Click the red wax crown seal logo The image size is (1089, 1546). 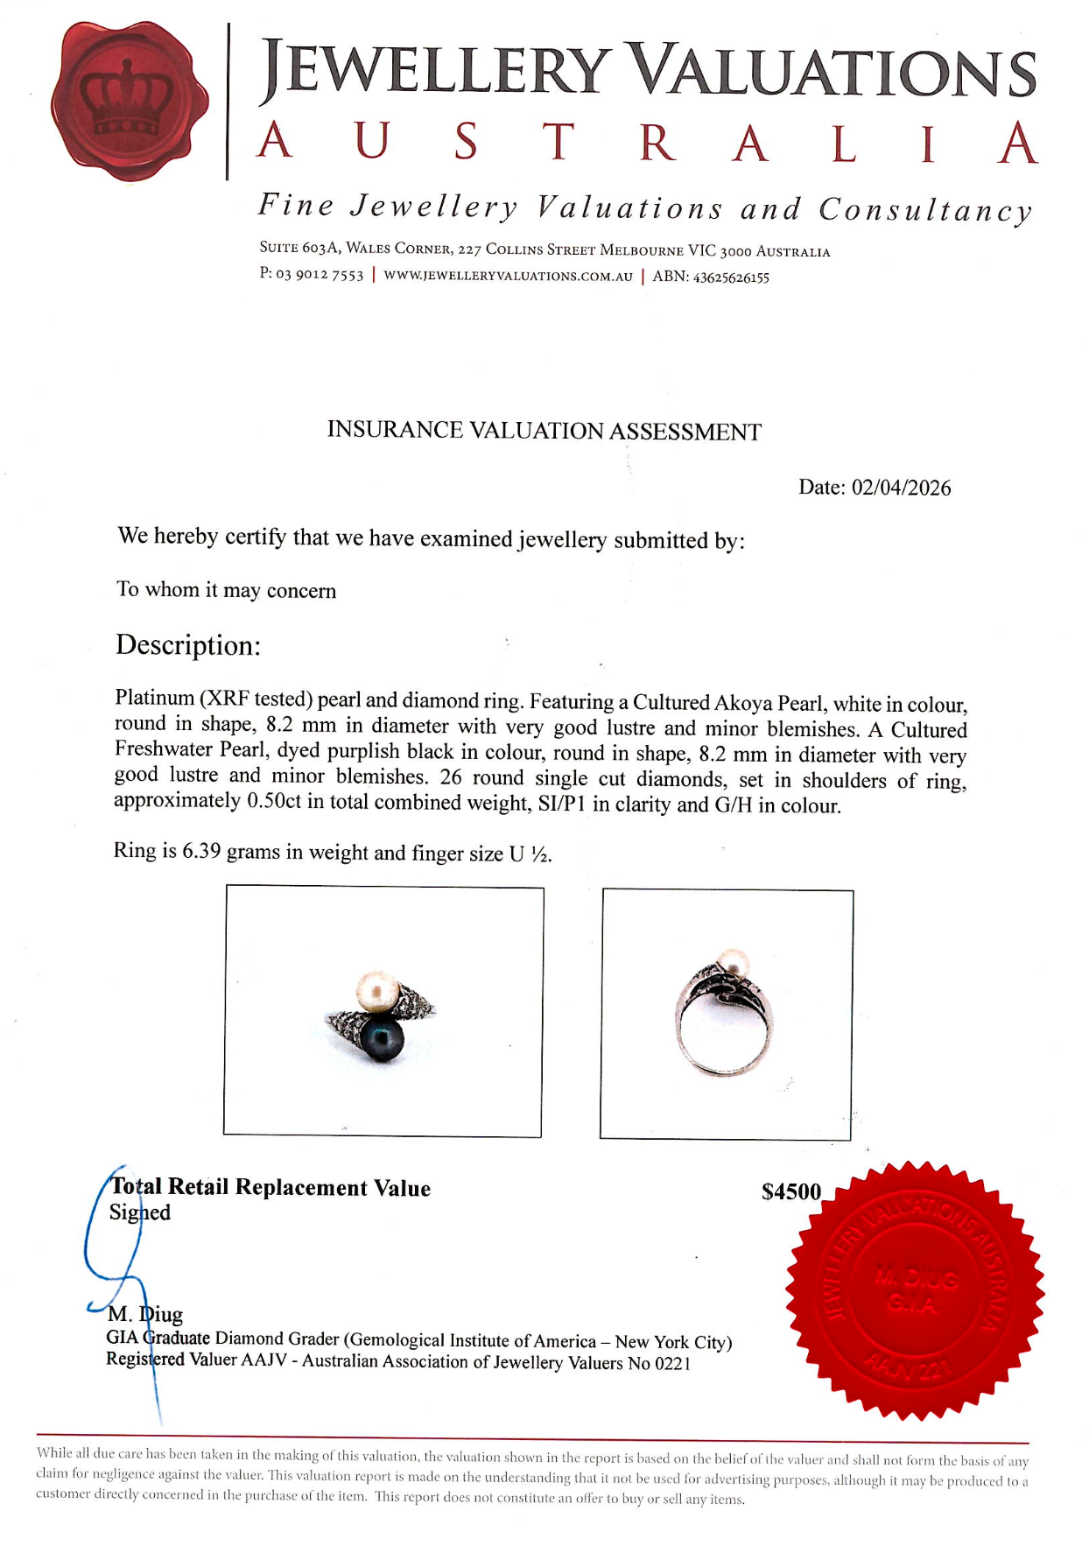(x=130, y=101)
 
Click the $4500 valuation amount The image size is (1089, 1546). (x=791, y=1191)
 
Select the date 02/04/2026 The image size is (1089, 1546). (x=901, y=488)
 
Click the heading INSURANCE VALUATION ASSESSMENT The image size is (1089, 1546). (x=544, y=431)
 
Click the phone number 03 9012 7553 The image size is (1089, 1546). (x=320, y=275)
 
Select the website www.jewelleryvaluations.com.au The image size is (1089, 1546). (x=508, y=276)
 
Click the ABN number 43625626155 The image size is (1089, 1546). (x=731, y=278)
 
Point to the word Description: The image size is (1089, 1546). (x=188, y=645)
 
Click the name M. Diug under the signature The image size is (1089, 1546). (x=145, y=1314)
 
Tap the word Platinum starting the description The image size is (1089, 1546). (x=154, y=698)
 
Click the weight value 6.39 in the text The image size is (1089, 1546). (x=200, y=851)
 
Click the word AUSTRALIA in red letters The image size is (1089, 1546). (x=646, y=143)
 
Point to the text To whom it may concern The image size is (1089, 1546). (x=227, y=590)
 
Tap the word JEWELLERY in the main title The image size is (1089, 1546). (x=435, y=70)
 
